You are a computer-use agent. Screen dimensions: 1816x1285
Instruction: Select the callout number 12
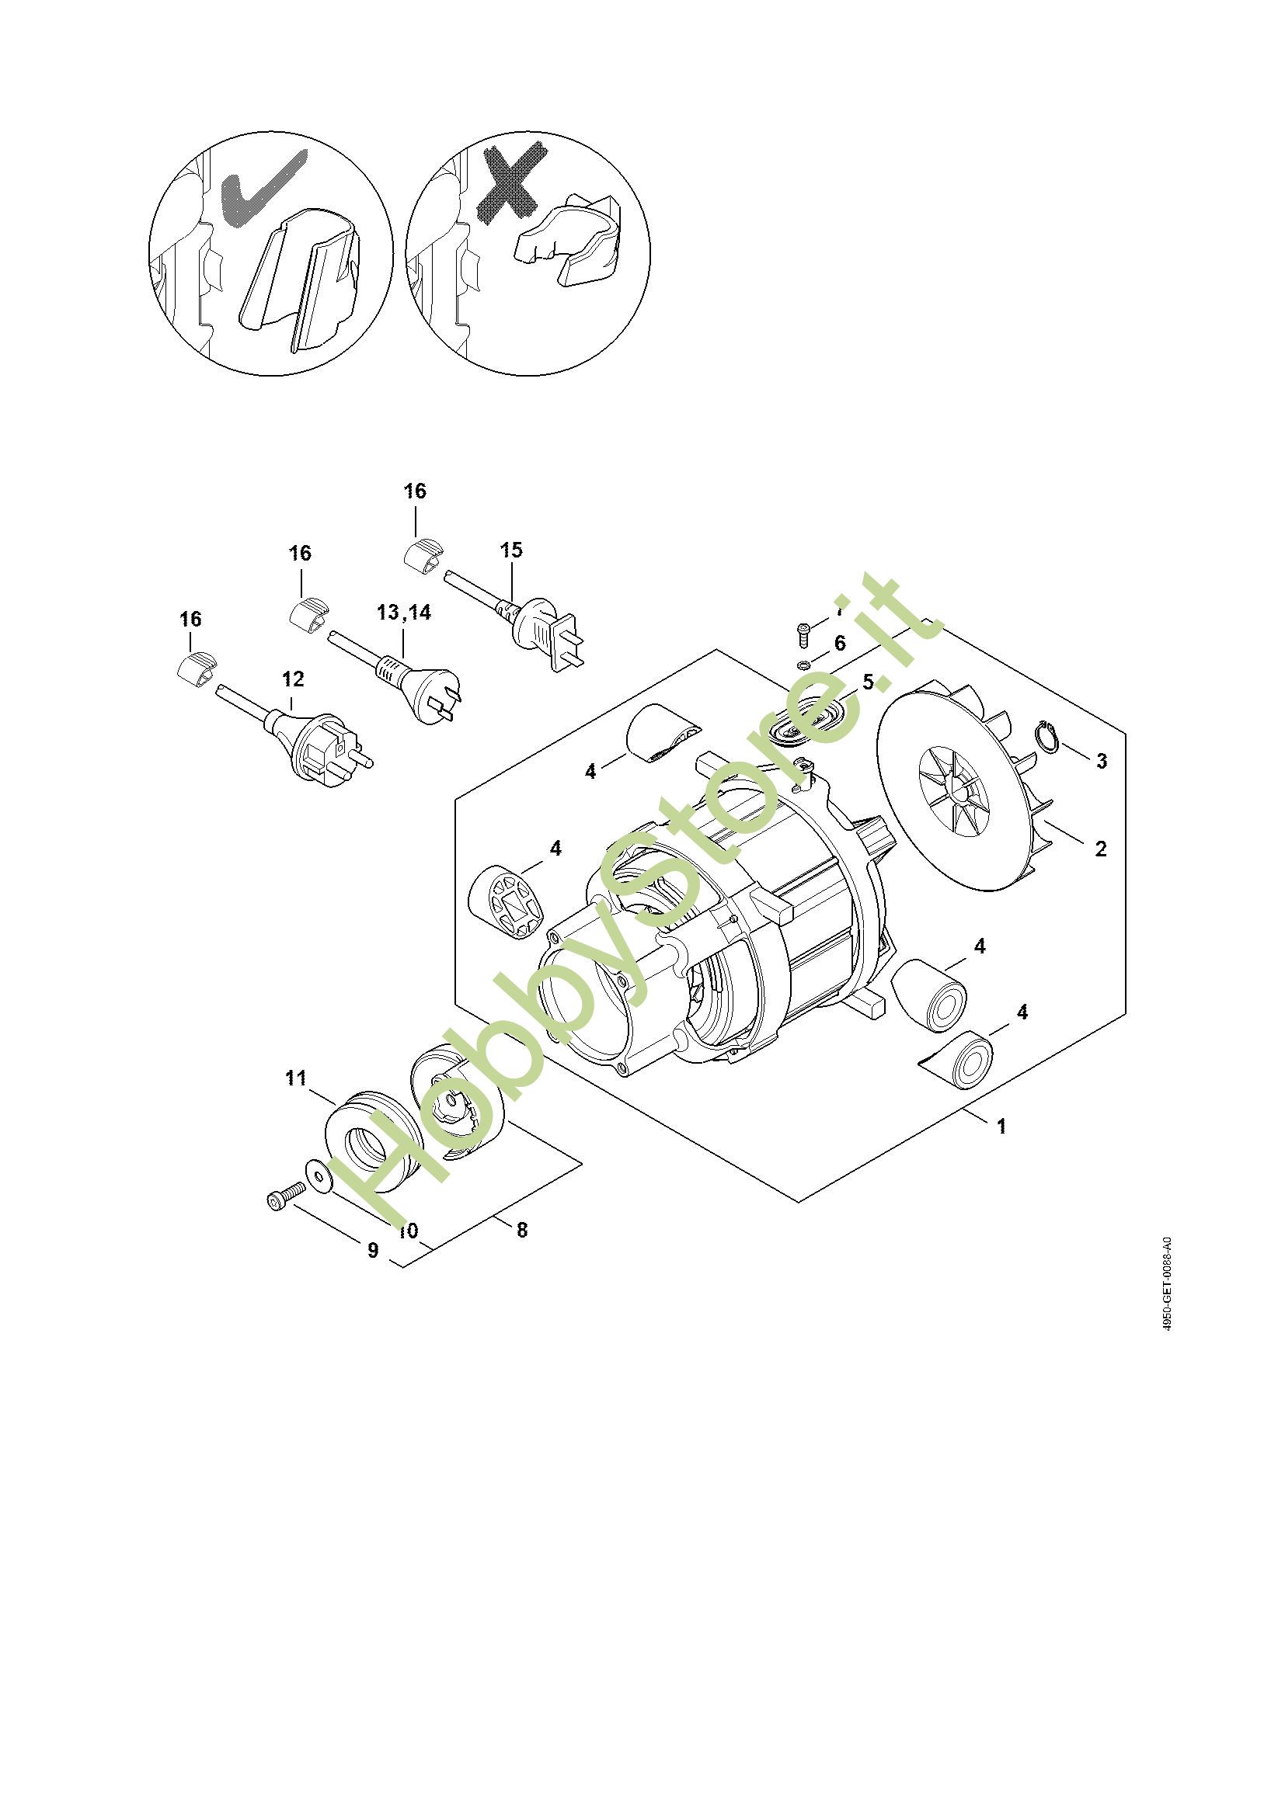pyautogui.click(x=293, y=679)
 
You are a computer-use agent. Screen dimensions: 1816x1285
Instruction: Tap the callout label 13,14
pyautogui.click(x=404, y=612)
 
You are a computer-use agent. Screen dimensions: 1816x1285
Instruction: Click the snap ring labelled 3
pyautogui.click(x=1047, y=736)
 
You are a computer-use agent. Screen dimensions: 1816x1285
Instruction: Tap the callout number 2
pyautogui.click(x=1100, y=849)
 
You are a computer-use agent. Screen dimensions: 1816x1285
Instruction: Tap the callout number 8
pyautogui.click(x=521, y=1230)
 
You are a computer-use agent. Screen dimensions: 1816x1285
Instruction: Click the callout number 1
pyautogui.click(x=1001, y=1126)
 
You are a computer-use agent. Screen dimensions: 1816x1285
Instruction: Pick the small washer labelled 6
pyautogui.click(x=801, y=663)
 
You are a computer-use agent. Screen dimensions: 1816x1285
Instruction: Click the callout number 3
pyautogui.click(x=1101, y=761)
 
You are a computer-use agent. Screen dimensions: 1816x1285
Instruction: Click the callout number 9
pyautogui.click(x=373, y=1251)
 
